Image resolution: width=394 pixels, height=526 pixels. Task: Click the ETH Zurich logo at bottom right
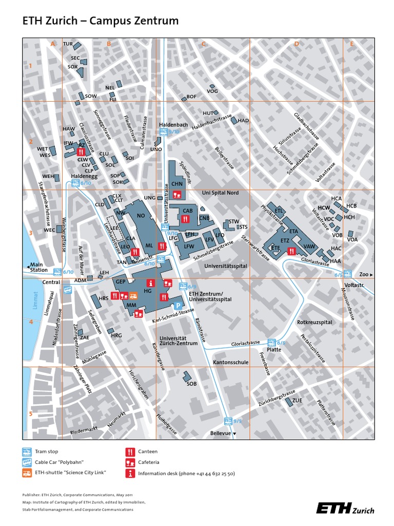point(345,509)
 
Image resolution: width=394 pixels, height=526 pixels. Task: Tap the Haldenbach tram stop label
point(173,124)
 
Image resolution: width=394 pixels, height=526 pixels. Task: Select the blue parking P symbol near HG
point(178,306)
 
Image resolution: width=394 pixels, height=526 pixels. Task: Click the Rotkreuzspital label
point(314,322)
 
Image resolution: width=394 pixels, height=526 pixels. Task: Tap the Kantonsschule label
point(231,362)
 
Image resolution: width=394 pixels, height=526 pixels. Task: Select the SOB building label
point(191,384)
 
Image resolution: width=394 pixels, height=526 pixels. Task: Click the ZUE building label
point(297,400)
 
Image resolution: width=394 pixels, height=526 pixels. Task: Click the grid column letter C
point(203,44)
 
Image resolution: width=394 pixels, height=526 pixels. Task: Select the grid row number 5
point(31,414)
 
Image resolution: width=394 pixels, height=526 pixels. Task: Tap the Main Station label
point(39,267)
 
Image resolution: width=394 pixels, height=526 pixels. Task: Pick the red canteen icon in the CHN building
point(177,194)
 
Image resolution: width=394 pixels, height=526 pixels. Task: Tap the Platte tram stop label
point(273,349)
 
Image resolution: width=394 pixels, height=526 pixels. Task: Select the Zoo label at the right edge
point(364,275)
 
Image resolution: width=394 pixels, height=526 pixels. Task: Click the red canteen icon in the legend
point(130,452)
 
